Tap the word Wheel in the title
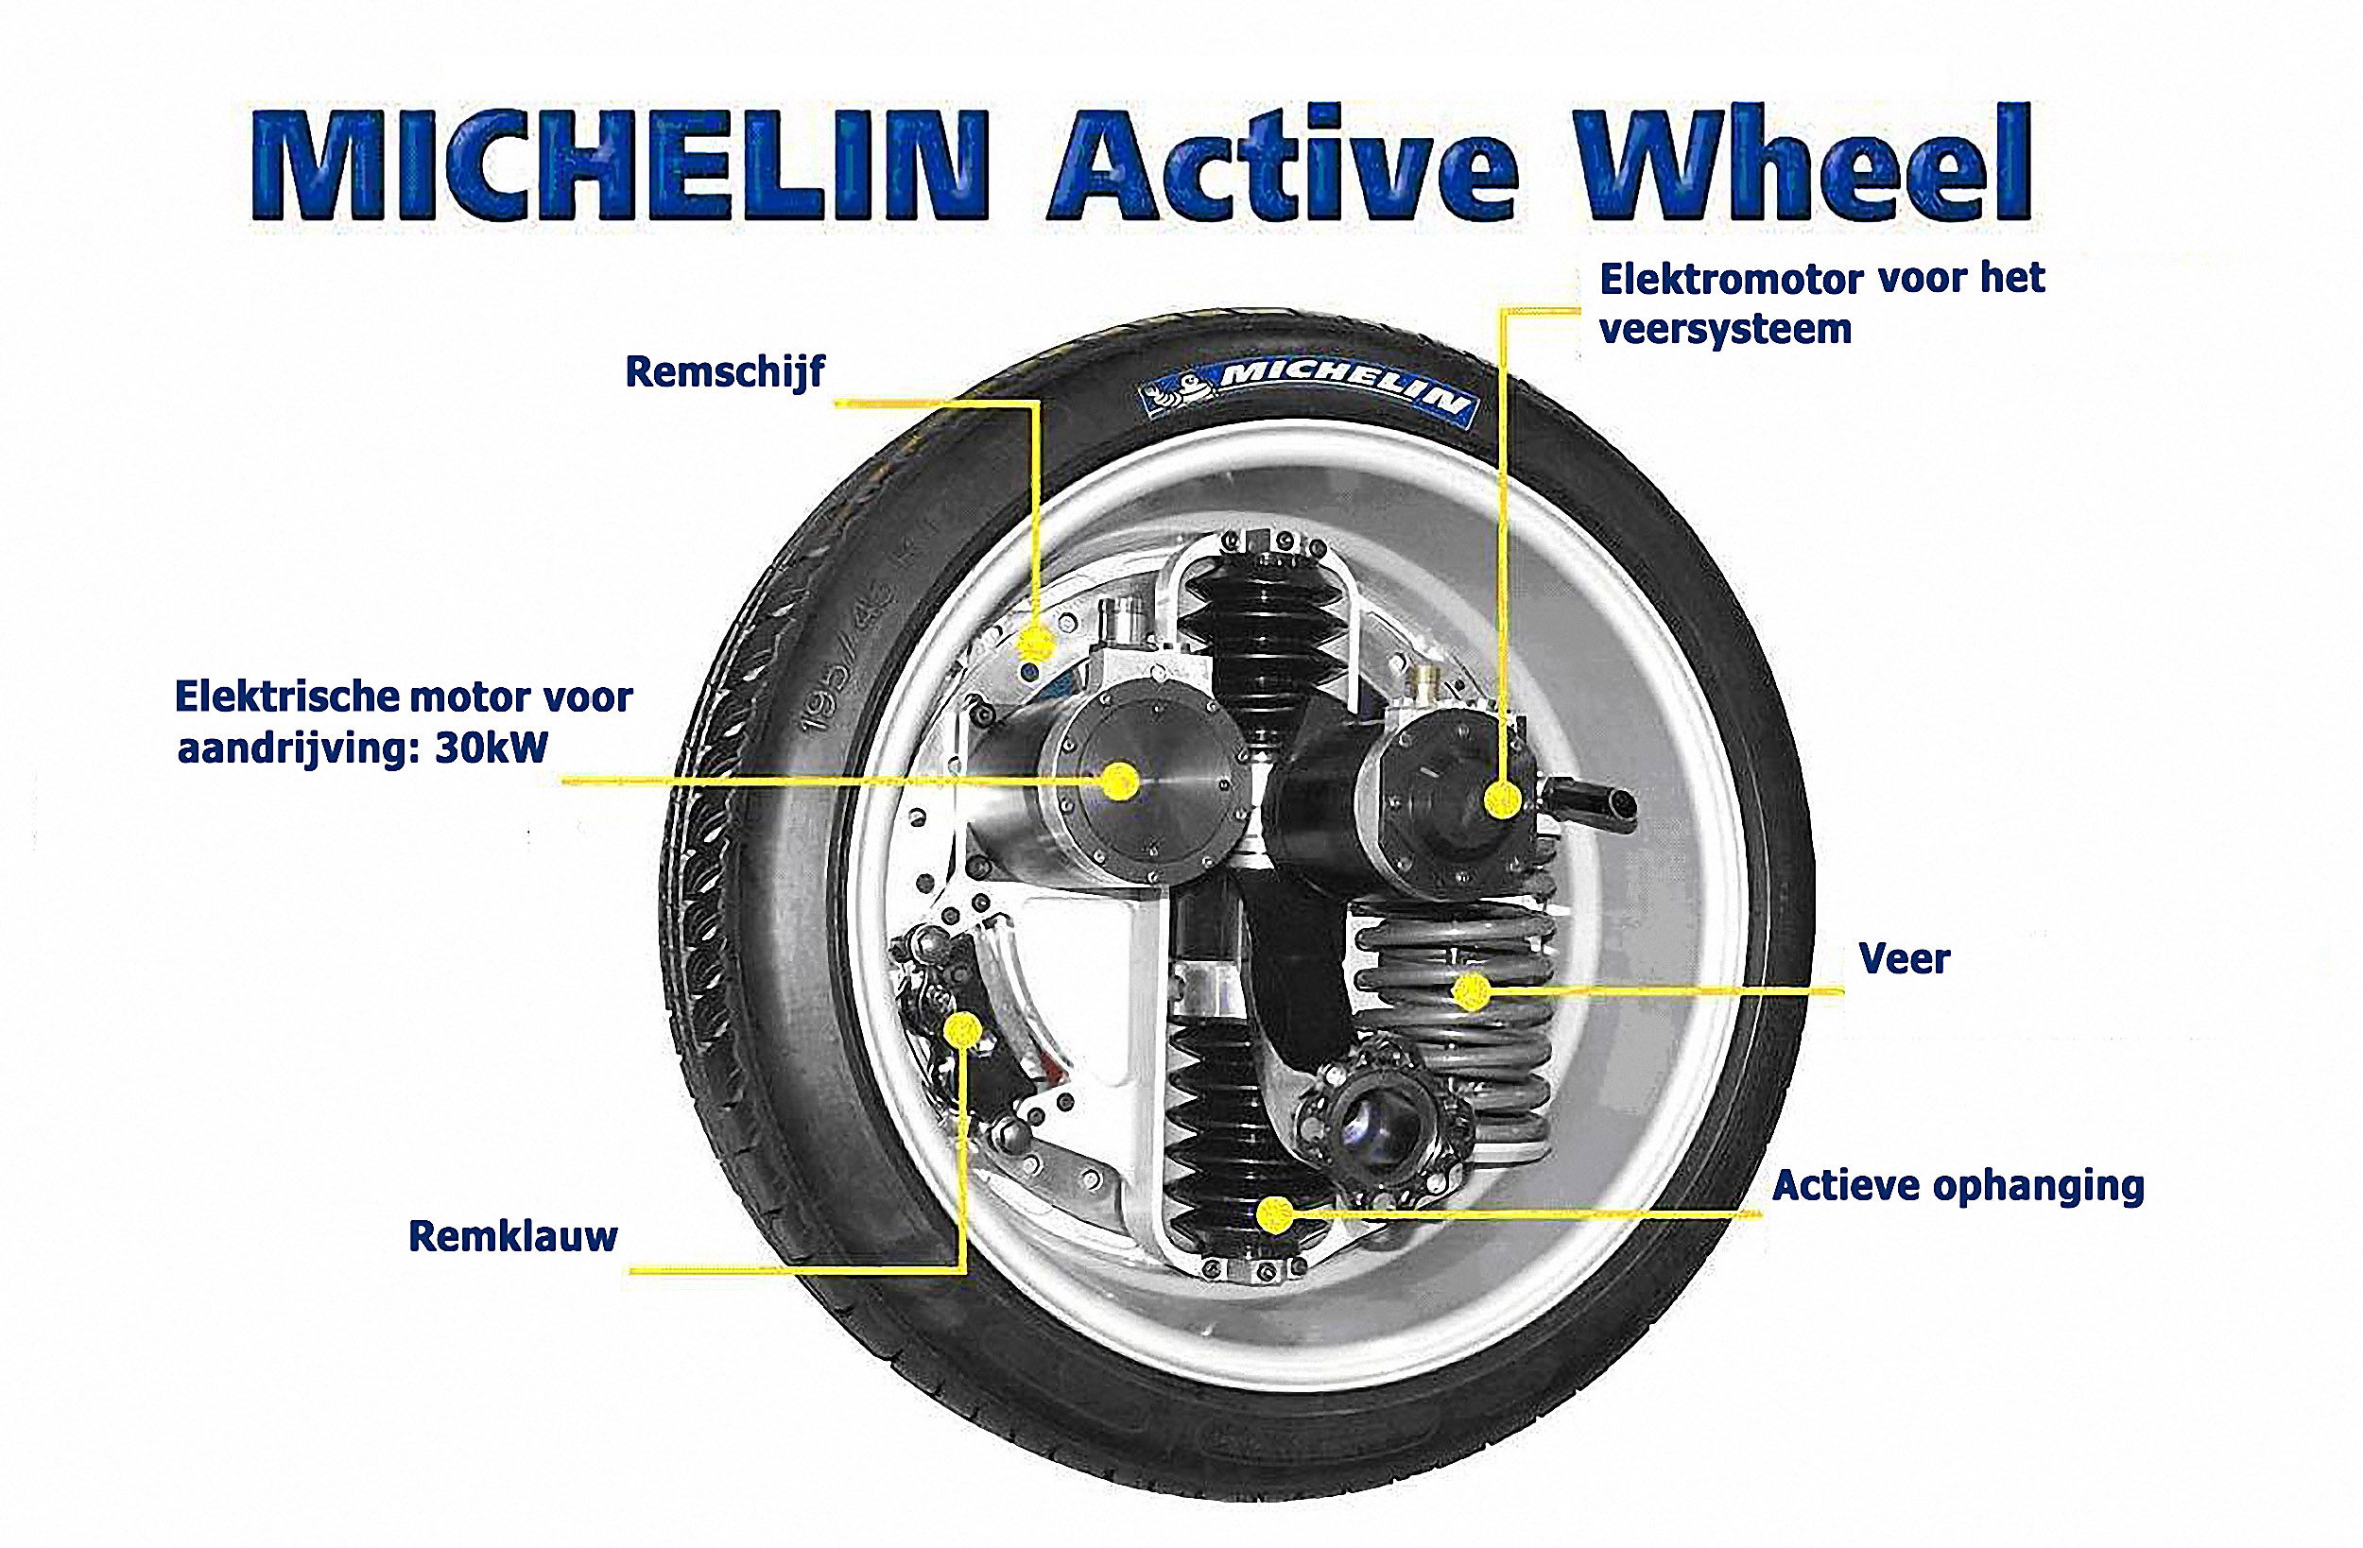click(1804, 164)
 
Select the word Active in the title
click(1285, 164)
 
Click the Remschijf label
click(725, 372)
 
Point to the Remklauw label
click(513, 1236)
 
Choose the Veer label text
click(1905, 959)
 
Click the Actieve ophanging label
click(1958, 1187)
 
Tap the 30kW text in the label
click(492, 748)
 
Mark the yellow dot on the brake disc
click(1036, 644)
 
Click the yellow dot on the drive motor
click(1121, 782)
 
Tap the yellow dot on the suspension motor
click(1503, 799)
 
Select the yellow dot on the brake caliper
click(961, 1030)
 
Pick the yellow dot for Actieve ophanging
click(1276, 1213)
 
